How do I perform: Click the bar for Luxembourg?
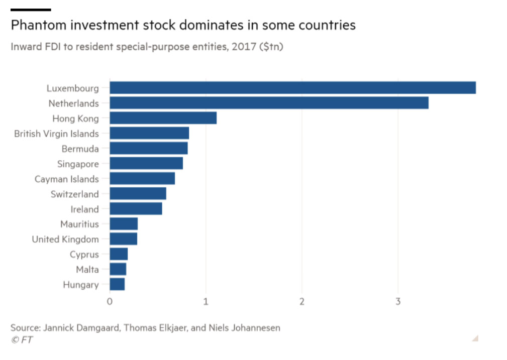pos(292,88)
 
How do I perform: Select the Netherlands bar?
pos(269,103)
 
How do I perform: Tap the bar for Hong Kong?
pos(163,118)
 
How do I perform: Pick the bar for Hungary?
pos(117,285)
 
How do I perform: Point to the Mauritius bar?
pos(124,224)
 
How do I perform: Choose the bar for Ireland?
pos(136,209)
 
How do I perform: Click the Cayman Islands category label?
pos(66,179)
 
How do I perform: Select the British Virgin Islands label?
pos(56,134)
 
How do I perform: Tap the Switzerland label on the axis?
pos(74,194)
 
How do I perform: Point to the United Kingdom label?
pos(65,239)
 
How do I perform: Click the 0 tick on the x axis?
pos(110,302)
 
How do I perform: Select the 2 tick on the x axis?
pos(302,302)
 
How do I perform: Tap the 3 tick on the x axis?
pos(398,302)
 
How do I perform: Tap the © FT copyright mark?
pos(22,340)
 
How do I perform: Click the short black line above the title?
pos(31,10)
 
